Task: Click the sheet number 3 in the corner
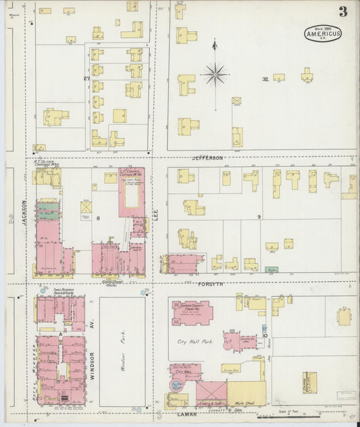coord(343,11)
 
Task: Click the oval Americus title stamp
coord(323,33)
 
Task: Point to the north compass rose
coord(215,74)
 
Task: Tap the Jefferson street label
coord(207,158)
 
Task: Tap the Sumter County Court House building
coord(192,312)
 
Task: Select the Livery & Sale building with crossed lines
coord(211,393)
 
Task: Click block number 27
coord(86,79)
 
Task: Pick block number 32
coord(265,80)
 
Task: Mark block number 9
coord(259,216)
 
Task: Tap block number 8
coord(97,218)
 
